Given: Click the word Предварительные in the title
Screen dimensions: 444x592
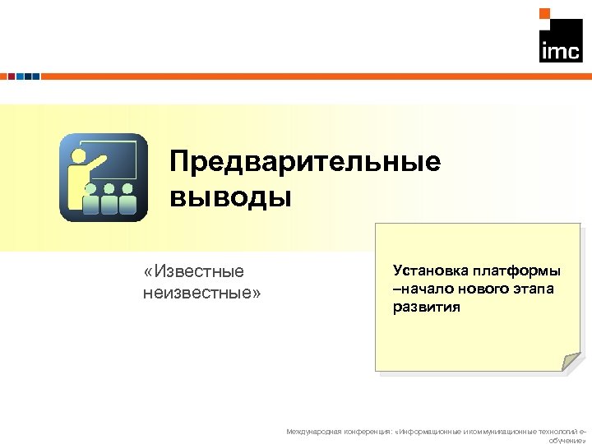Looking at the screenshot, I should pos(305,161).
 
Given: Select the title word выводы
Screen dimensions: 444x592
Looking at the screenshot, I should pos(230,197).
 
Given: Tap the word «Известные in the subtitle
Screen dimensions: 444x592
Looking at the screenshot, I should pos(193,271).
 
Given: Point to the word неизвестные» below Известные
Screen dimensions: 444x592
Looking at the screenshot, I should pos(201,290).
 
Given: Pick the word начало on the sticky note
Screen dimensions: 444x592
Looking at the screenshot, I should pos(426,289).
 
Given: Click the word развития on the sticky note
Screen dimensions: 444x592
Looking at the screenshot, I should pos(427,308).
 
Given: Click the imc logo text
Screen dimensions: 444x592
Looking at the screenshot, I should pos(560,51).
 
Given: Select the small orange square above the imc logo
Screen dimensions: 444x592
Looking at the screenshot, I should pos(544,13).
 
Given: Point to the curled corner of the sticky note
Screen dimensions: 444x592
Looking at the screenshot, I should pos(571,362).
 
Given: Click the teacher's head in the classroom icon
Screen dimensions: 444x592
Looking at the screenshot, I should pos(79,155).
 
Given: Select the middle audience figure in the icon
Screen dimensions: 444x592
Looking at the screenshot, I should pos(109,197).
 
